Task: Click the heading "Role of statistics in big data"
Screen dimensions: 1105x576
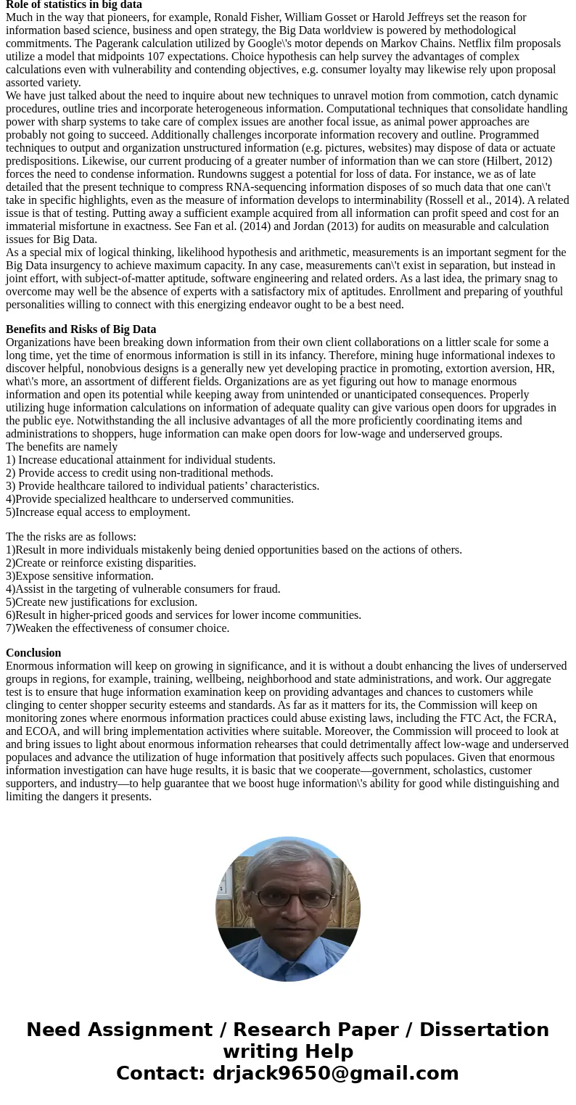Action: coord(74,4)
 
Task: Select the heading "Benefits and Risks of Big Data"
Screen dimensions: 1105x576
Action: coord(81,329)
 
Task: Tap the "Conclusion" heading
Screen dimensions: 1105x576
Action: coord(33,653)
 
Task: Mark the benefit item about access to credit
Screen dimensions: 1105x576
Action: coord(139,473)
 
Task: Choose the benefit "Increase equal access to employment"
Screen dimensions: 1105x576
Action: coord(98,512)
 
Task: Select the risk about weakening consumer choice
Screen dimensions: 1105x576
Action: coord(118,628)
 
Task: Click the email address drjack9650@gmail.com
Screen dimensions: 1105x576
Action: coord(335,1073)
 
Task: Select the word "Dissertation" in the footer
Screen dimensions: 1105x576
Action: coord(484,1030)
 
